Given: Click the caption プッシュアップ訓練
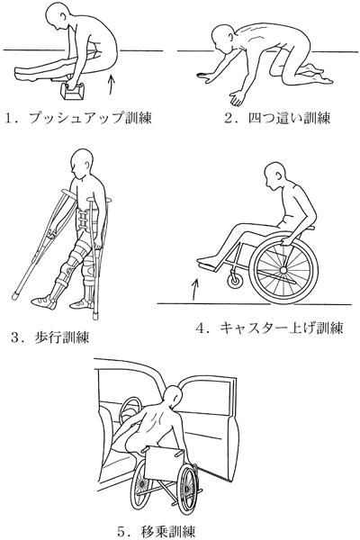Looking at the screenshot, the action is [90, 118].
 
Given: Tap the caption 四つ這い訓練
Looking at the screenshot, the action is [289, 119].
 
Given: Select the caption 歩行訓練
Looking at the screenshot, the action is [62, 337].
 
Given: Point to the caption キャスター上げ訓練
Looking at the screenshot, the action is [282, 328].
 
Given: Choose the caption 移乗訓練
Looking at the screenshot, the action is [168, 531].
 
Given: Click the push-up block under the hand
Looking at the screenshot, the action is [72, 93].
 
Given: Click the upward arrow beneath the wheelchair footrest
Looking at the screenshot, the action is [195, 289].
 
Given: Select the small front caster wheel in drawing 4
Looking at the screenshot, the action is [235, 280].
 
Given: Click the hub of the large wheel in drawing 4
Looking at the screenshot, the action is [283, 270].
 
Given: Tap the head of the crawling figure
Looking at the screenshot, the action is [223, 37].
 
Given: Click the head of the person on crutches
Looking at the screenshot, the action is [82, 163].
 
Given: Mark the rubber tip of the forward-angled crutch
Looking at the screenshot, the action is [15, 295].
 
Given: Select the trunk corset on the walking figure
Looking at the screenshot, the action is [85, 220].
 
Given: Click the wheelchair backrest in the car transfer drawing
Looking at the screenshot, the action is [164, 463].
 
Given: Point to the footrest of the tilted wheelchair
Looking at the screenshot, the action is [208, 265].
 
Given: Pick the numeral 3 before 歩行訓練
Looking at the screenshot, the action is [15, 337].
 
